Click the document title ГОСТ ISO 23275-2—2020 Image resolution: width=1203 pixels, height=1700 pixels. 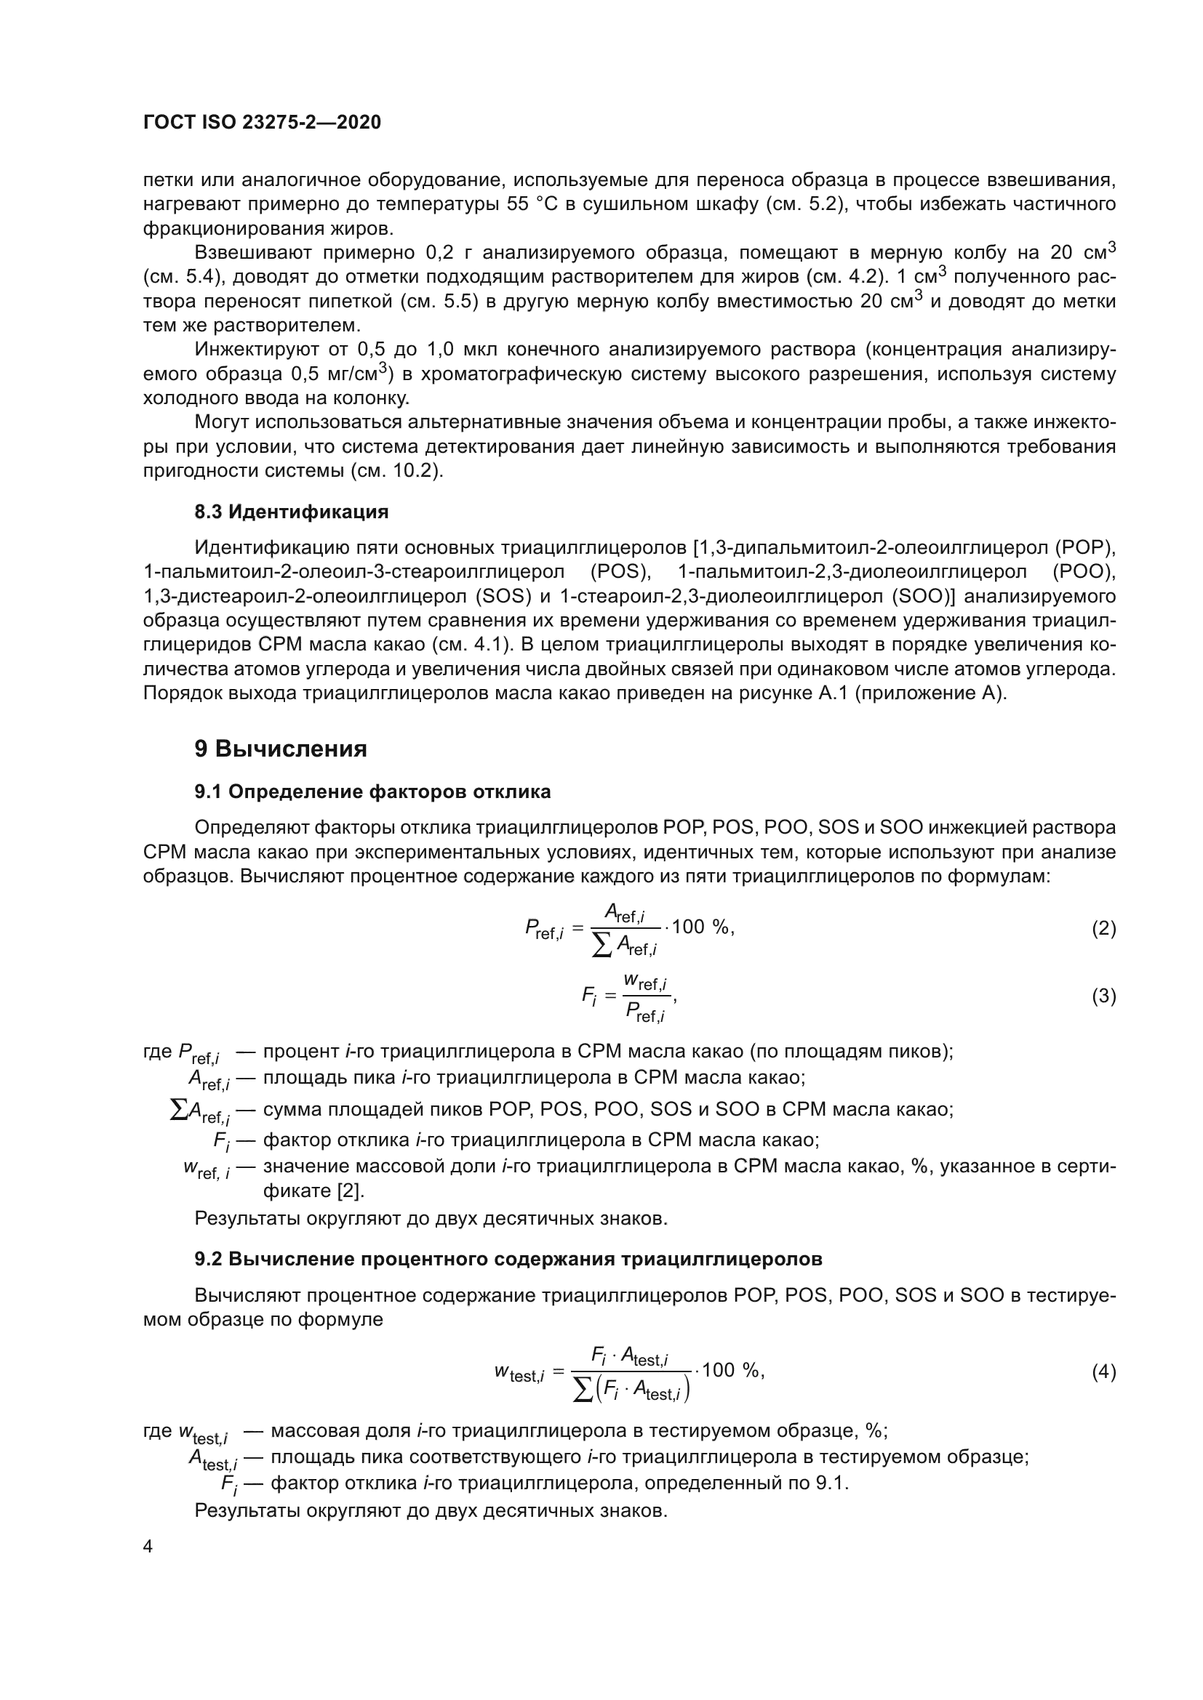point(262,122)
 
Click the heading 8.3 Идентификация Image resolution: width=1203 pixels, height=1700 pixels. point(291,512)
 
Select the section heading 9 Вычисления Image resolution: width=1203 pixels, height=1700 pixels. point(281,749)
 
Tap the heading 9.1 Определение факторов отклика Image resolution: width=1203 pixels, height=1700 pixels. point(372,791)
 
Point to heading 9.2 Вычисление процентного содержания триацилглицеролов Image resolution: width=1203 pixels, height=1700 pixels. point(508,1259)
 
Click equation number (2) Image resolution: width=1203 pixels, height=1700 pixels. point(1103,928)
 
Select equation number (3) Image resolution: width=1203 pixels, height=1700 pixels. point(1103,996)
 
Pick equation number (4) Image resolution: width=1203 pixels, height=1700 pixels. point(1103,1372)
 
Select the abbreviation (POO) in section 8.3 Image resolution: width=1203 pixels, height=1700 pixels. point(1083,572)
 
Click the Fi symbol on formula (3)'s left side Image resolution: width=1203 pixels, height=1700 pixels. point(589,996)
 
